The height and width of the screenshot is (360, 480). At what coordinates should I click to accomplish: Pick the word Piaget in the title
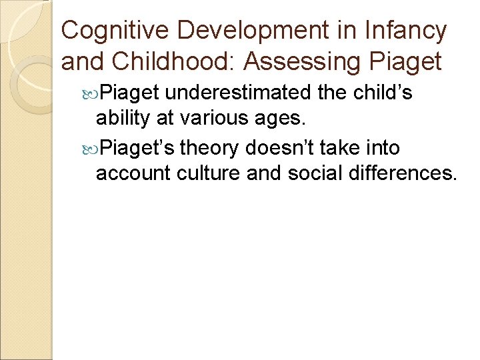(407, 61)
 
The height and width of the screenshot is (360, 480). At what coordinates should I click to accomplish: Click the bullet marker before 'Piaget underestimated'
(90, 92)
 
